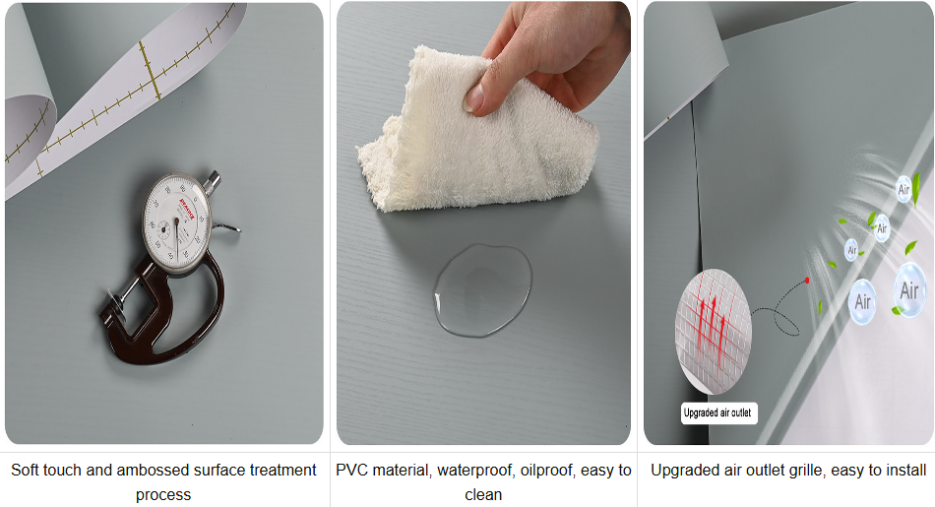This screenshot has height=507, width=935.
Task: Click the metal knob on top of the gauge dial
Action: (214, 180)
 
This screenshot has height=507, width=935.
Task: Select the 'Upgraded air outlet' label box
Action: (718, 413)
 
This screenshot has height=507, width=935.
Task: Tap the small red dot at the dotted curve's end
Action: (807, 281)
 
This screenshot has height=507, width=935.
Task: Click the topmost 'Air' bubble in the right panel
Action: (904, 187)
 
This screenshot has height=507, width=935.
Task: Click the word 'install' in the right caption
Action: (904, 471)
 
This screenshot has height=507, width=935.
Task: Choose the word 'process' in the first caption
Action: (163, 494)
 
